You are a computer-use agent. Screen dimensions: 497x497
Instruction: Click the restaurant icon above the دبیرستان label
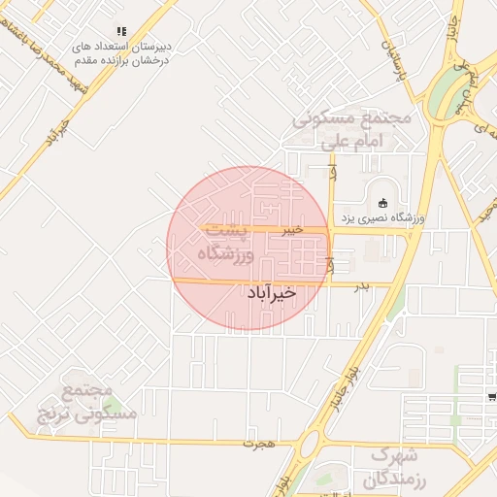[x=121, y=31]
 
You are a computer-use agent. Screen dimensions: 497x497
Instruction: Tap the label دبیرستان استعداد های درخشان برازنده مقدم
[x=123, y=51]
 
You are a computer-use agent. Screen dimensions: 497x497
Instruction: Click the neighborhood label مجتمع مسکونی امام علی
[x=353, y=129]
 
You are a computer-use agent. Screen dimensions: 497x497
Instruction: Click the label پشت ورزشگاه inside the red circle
[x=225, y=244]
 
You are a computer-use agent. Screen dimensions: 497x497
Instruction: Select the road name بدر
[x=361, y=285]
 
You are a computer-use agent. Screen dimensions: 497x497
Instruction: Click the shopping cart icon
[x=492, y=396]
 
